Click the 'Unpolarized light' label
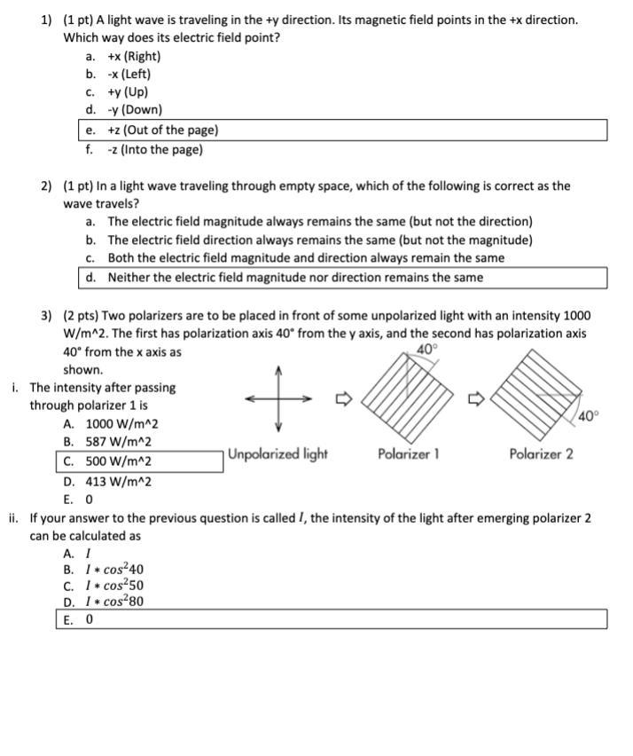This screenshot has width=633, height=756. pos(277,454)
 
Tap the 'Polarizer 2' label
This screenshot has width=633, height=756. pos(541,454)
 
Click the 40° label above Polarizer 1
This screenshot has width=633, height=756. pos(426,349)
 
